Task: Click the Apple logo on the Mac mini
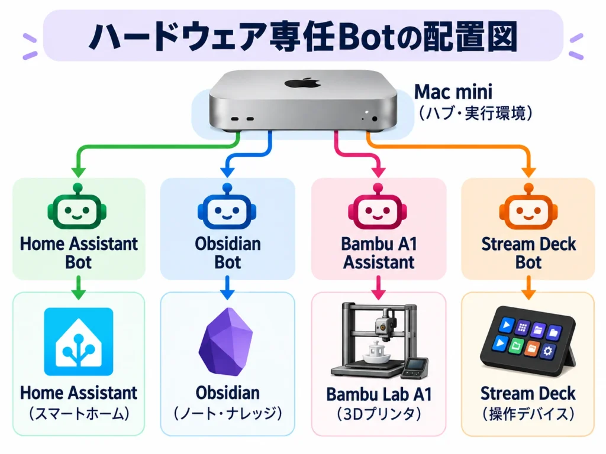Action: tap(302, 82)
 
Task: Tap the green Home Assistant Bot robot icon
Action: tap(78, 206)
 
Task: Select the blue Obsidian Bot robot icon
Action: tap(227, 206)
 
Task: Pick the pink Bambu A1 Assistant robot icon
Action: tap(378, 206)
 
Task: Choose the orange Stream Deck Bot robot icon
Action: tap(528, 206)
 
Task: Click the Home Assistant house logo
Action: tap(79, 342)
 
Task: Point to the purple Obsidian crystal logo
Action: tap(226, 342)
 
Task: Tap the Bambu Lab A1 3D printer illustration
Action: tap(379, 340)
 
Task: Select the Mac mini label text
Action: tap(453, 92)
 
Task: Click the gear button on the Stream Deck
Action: tap(547, 351)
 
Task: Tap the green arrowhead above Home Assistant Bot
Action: tap(79, 172)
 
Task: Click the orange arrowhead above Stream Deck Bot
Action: tap(528, 172)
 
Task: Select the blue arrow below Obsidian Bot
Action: tap(227, 288)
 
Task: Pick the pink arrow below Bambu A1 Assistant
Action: tap(378, 288)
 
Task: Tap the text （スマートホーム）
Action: tap(79, 414)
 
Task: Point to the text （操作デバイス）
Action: tap(528, 414)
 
